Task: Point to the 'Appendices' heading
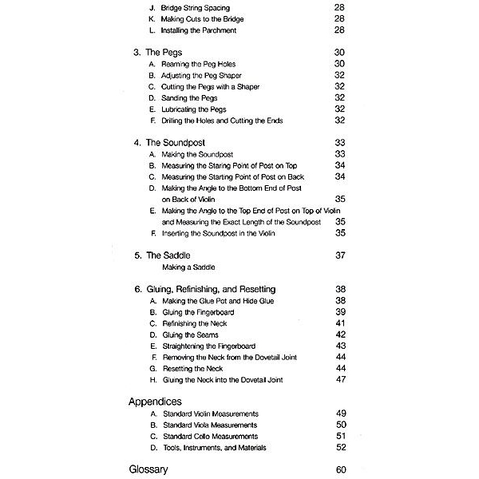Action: click(155, 402)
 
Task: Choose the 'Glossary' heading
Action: click(148, 469)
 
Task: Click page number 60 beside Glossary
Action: click(340, 469)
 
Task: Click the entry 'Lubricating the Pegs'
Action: click(198, 109)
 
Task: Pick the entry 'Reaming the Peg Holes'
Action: click(199, 64)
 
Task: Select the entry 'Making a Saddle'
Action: click(188, 267)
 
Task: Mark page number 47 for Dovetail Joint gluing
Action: click(340, 380)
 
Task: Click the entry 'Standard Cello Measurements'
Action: click(210, 437)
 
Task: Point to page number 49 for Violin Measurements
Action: click(340, 414)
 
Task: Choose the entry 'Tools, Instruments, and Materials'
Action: click(214, 448)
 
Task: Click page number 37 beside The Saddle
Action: click(340, 255)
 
